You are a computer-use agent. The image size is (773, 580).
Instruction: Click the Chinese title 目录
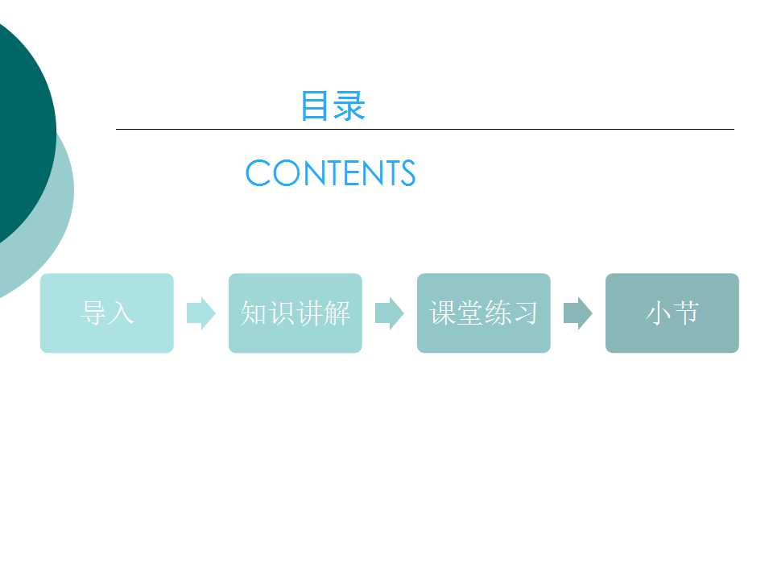tap(333, 106)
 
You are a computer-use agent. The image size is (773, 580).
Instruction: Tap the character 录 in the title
tap(349, 106)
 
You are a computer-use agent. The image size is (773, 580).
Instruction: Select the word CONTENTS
tap(330, 172)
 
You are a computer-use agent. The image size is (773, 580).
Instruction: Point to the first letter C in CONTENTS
tap(258, 172)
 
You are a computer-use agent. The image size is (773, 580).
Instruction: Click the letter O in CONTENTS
tap(287, 172)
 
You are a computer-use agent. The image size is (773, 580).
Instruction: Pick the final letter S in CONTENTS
tap(407, 172)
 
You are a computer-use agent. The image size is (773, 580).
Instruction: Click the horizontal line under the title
tap(425, 129)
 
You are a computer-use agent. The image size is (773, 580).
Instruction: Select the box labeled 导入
tap(107, 313)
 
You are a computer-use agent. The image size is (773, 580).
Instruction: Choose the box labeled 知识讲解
tap(296, 313)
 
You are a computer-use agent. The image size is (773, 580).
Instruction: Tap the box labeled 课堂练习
tap(484, 313)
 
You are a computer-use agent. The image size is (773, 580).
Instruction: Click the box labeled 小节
tap(672, 313)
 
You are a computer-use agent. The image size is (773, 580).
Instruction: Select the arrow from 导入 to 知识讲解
tap(201, 313)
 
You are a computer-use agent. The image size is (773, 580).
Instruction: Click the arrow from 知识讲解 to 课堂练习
tap(390, 313)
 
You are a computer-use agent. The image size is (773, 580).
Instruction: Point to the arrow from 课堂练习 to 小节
tap(578, 313)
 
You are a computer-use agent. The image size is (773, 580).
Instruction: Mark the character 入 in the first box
tap(121, 313)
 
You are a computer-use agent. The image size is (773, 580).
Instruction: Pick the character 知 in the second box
tap(254, 313)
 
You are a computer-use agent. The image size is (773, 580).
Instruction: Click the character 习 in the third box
tap(524, 313)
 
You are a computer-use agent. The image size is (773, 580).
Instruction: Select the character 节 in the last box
tap(686, 313)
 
